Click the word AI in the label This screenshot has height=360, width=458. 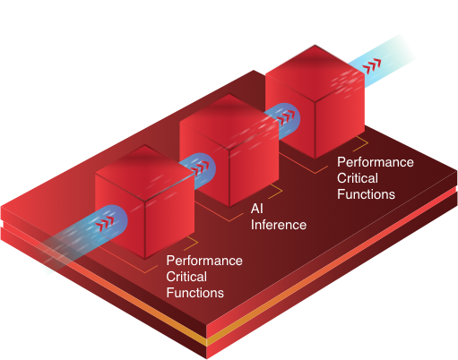(257, 209)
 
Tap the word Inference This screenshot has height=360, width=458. (279, 225)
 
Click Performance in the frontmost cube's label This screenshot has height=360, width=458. (204, 261)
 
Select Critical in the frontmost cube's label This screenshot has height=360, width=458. (186, 277)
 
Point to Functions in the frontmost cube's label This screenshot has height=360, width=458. (195, 293)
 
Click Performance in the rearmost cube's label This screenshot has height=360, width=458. (376, 162)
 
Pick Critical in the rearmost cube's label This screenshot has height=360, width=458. (358, 178)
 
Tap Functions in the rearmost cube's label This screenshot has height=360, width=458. (366, 194)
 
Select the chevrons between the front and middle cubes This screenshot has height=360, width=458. (199, 168)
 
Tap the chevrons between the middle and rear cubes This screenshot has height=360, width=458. (285, 117)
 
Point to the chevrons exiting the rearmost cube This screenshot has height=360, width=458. (372, 66)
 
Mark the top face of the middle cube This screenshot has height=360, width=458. (229, 122)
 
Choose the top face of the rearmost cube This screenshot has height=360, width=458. (315, 73)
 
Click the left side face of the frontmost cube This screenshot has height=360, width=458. (120, 216)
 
